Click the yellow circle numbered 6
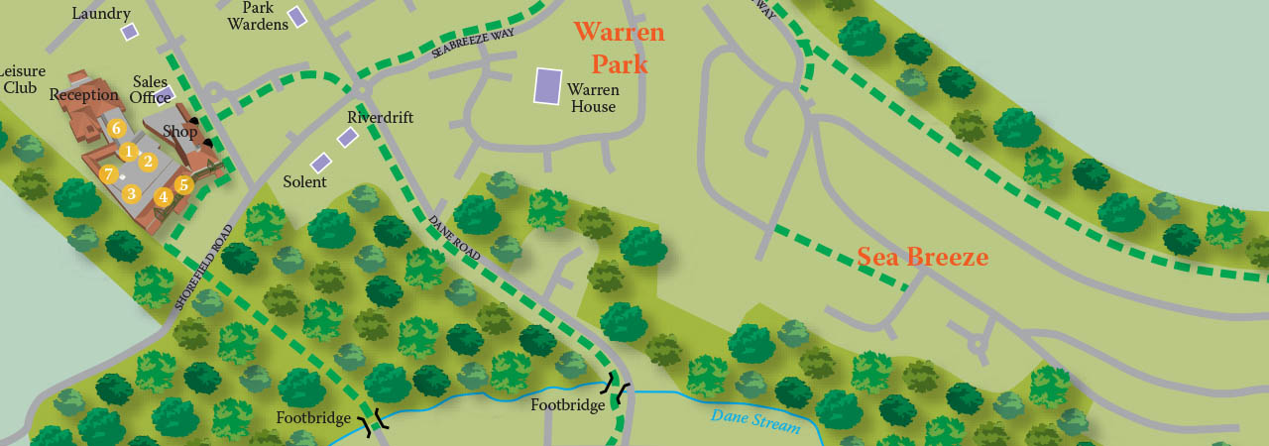click(116, 128)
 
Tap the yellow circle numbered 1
click(128, 152)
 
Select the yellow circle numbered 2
click(148, 162)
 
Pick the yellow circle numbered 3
click(131, 194)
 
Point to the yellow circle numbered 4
click(164, 197)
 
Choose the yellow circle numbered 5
click(183, 184)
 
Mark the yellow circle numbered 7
click(109, 174)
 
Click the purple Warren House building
click(547, 86)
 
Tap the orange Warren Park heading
click(620, 48)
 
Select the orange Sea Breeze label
click(922, 258)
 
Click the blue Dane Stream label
click(754, 421)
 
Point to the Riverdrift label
click(380, 117)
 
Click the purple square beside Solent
click(320, 163)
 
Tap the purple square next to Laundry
click(130, 32)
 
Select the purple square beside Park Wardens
click(296, 16)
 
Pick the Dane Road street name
click(455, 239)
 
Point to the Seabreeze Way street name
click(473, 44)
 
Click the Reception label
click(84, 95)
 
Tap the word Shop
click(180, 131)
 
